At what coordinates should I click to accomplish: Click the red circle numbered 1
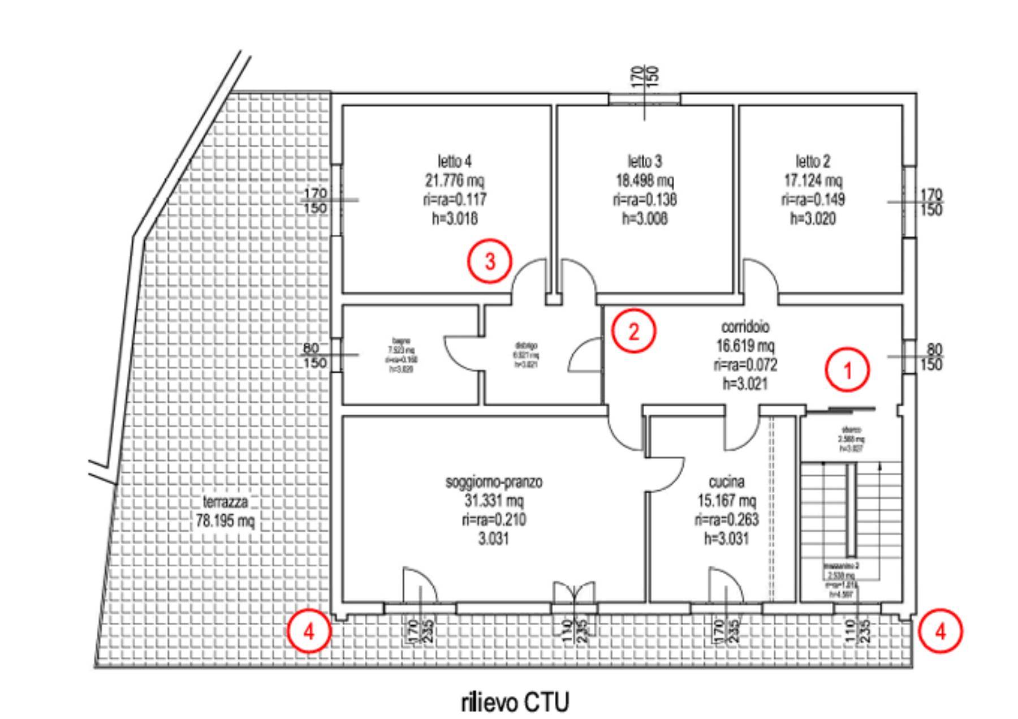coord(847,370)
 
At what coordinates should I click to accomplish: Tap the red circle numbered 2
coord(634,331)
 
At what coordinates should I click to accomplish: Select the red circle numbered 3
coord(490,261)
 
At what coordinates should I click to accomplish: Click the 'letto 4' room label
coord(454,161)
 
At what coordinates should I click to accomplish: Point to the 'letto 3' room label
coord(644,161)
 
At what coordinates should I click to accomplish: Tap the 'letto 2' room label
coord(813,161)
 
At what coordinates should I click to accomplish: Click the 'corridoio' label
coord(745,327)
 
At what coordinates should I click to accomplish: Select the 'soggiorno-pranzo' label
coord(494,482)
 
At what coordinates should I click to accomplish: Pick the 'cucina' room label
coord(726,482)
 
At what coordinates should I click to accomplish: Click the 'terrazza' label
coord(225,502)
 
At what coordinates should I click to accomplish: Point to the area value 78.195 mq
coord(225,520)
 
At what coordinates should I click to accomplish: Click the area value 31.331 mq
coord(494,501)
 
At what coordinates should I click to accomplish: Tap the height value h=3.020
coord(813,218)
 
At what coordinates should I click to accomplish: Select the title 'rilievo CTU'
coord(515,703)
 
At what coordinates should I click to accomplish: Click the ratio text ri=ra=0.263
coord(726,519)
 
